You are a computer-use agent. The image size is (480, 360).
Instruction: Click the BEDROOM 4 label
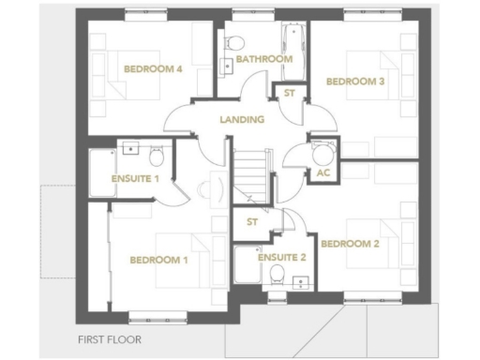[x=154, y=68]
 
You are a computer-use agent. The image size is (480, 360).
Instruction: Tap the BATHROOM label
[x=263, y=59]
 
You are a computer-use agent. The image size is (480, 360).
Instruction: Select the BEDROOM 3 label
[x=355, y=82]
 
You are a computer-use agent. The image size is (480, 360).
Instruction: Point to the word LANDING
[x=242, y=119]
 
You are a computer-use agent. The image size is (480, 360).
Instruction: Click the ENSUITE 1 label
[x=135, y=178]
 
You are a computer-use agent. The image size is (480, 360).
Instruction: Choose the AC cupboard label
[x=323, y=173]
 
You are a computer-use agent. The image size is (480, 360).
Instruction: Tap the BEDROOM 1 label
[x=158, y=260]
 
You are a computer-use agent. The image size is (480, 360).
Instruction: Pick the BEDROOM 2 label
[x=350, y=244]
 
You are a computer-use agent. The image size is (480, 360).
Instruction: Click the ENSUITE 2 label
[x=281, y=256]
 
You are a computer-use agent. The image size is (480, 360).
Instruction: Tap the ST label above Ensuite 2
[x=251, y=222]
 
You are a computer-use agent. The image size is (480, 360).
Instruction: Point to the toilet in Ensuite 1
[x=157, y=152]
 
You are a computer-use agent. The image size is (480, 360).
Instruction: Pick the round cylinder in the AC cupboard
[x=323, y=153]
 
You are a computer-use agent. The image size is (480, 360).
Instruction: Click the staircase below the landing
[x=250, y=172]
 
